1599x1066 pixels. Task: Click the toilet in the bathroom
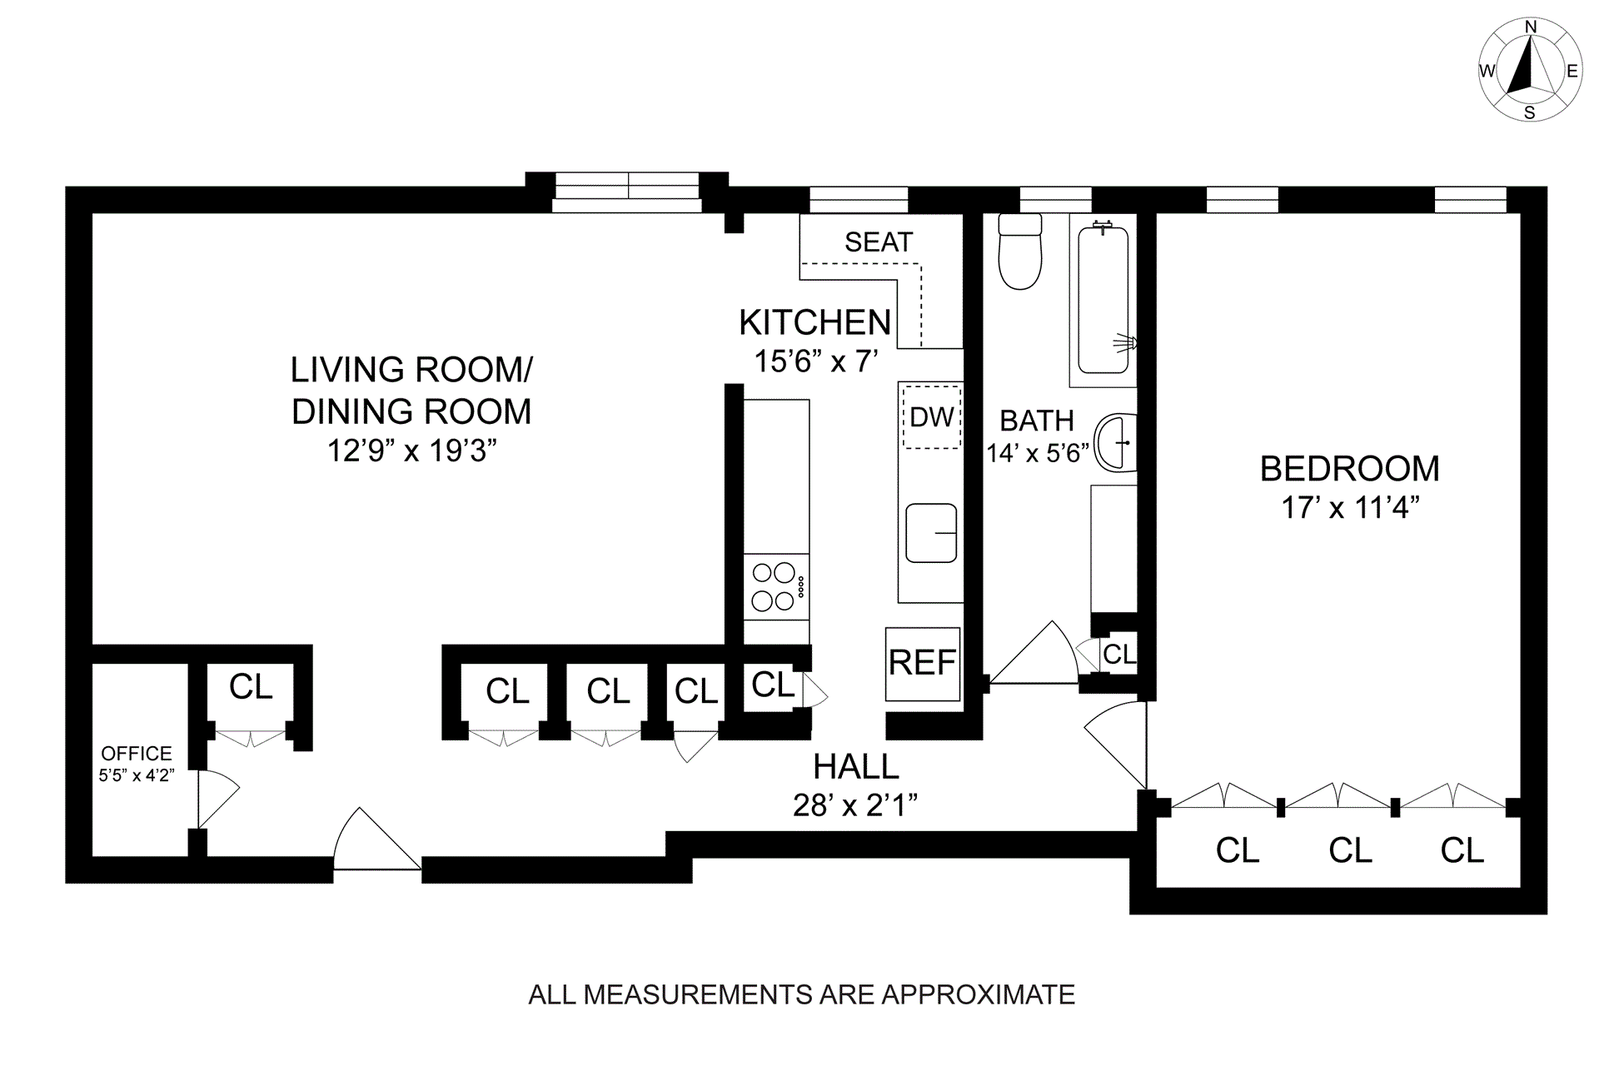[x=1020, y=251]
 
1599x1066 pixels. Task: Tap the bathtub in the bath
[x=1103, y=300]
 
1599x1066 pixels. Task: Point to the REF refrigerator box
[x=923, y=664]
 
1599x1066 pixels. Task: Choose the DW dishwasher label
[x=932, y=416]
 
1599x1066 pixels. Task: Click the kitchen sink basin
[x=931, y=533]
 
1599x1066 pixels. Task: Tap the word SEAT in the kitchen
[x=879, y=242]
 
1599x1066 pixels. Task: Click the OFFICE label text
[x=137, y=754]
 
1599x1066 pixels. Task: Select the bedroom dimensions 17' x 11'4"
[x=1350, y=507]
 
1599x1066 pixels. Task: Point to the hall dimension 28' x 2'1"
[x=855, y=805]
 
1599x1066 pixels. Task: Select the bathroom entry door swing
[x=1033, y=655]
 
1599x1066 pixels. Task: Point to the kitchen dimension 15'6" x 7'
[x=816, y=361]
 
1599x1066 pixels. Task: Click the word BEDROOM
[x=1350, y=469]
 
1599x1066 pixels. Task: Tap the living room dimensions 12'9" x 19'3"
[x=411, y=451]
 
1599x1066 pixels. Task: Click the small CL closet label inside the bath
[x=1119, y=655]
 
